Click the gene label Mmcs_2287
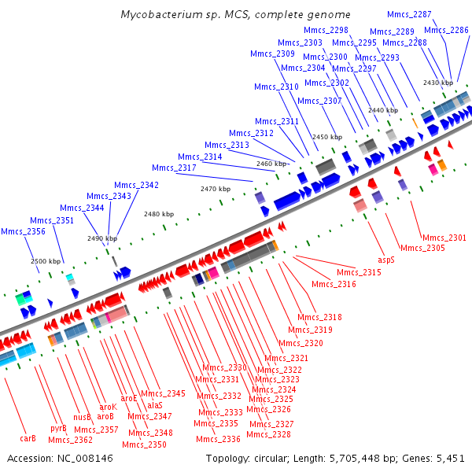tap(409, 14)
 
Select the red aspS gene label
tap(386, 260)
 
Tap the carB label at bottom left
tap(28, 438)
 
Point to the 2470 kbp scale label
tap(216, 189)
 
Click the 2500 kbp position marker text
tap(46, 261)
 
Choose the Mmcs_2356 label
tap(23, 231)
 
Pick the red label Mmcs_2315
tap(359, 272)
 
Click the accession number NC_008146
tap(85, 459)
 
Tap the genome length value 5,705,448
tap(355, 459)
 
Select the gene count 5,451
tap(451, 459)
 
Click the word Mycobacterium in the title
tap(161, 14)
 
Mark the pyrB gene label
tap(58, 429)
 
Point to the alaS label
tap(155, 405)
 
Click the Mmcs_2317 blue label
tap(174, 168)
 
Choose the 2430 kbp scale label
tap(438, 83)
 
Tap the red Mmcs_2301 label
tap(444, 238)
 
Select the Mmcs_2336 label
tap(218, 439)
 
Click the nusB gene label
tap(82, 417)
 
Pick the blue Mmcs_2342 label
tap(136, 185)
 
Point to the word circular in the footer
tap(272, 459)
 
